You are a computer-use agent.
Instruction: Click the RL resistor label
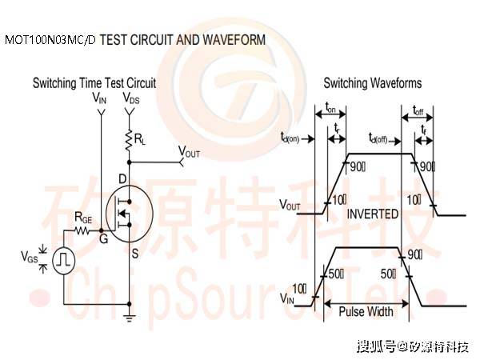click(x=140, y=140)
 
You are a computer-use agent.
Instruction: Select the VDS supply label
click(x=131, y=98)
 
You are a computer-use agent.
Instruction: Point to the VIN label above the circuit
click(x=99, y=98)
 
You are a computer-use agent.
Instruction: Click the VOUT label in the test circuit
click(x=190, y=151)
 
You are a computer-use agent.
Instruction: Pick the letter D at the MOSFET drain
click(x=122, y=177)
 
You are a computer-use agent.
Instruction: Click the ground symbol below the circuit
click(x=129, y=316)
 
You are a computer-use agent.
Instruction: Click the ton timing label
click(x=331, y=110)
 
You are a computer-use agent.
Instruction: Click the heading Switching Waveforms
click(x=373, y=83)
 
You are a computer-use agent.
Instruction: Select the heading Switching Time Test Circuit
click(x=94, y=83)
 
